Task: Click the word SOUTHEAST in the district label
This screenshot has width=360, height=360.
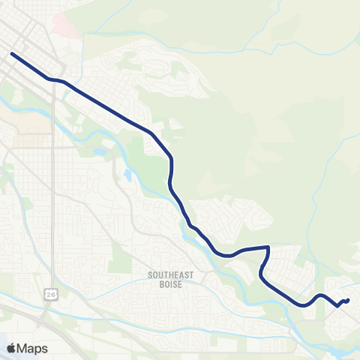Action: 171,275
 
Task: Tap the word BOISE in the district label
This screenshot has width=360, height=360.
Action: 171,283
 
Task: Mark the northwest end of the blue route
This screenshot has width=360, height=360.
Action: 12,53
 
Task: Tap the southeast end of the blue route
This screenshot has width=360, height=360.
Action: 349,301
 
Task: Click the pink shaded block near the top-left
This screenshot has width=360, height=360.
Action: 66,28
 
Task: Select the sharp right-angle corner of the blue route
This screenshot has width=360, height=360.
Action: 268,247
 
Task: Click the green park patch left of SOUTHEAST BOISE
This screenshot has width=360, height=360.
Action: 120,255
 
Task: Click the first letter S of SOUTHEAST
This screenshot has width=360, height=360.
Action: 151,275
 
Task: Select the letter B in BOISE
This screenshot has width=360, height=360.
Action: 160,283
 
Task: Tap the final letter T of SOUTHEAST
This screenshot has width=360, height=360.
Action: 192,275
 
